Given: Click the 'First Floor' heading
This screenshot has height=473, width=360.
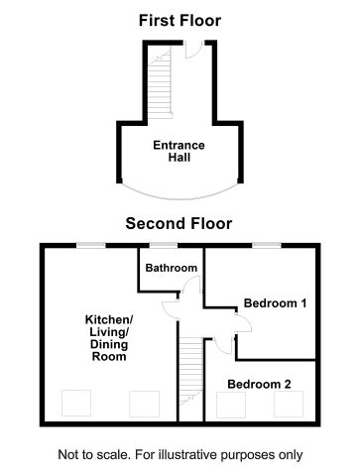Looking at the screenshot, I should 180,20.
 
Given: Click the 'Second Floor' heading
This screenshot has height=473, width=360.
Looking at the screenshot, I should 179,223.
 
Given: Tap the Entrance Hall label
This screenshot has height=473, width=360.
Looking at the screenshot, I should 179,152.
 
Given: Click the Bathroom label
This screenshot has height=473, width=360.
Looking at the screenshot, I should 171,268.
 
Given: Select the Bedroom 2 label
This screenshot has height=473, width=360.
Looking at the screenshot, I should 260,384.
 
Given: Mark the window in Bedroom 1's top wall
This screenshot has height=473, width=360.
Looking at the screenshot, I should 265,244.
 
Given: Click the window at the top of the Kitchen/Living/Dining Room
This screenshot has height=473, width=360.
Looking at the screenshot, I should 92,244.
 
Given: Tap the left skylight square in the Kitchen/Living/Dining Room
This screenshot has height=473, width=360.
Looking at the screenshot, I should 75,404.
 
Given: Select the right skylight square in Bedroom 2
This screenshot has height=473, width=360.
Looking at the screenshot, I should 288,404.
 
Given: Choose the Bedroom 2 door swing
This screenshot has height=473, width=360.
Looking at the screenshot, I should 224,346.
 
